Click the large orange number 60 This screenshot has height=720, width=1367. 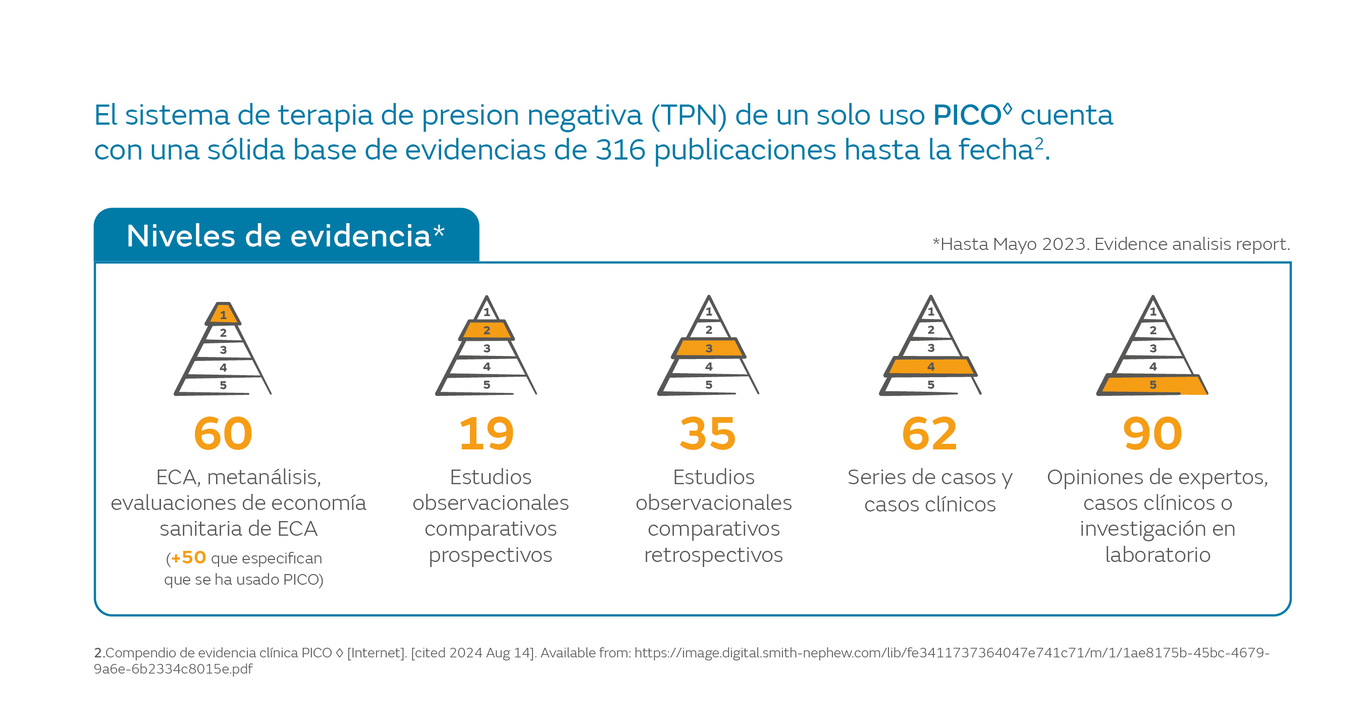tap(223, 434)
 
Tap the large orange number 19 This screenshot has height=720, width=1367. tap(486, 434)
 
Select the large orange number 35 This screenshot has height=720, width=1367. tap(708, 434)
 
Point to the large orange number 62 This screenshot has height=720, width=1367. tap(929, 434)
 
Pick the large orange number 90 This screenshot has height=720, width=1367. tap(1152, 434)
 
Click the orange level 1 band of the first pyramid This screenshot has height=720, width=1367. tap(224, 315)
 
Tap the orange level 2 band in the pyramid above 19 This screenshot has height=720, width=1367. tap(487, 330)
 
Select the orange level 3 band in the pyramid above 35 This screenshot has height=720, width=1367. tap(708, 348)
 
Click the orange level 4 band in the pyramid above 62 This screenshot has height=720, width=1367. tap(930, 367)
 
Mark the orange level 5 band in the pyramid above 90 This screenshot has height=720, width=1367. tap(1152, 384)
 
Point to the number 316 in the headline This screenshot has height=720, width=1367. tap(620, 150)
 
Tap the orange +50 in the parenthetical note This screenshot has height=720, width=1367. tap(188, 557)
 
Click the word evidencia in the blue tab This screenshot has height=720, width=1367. tap(360, 236)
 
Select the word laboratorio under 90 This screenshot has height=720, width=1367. tap(1158, 555)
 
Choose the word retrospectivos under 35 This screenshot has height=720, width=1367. tap(713, 555)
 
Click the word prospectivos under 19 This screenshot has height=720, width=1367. tap(490, 555)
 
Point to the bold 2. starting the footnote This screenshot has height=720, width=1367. tap(99, 652)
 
